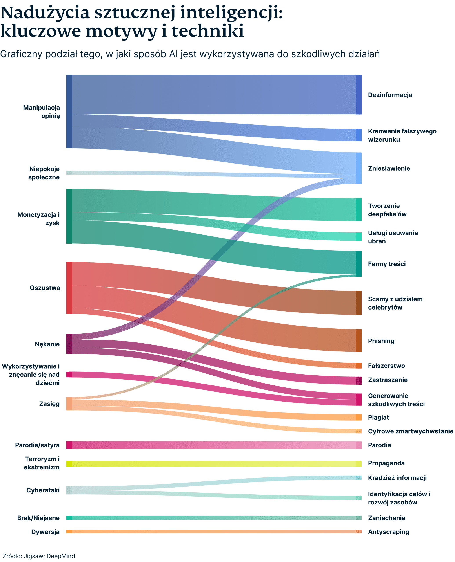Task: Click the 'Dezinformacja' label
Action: [x=390, y=95]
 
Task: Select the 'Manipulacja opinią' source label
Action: [x=41, y=112]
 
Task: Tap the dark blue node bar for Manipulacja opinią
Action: [x=69, y=112]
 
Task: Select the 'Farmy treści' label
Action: [x=387, y=264]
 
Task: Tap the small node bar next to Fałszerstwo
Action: [x=358, y=366]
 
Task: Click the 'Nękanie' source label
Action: [x=47, y=344]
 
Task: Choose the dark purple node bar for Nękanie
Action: [x=69, y=344]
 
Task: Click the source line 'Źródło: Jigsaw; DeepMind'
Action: [x=39, y=556]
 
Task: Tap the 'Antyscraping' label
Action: [x=388, y=532]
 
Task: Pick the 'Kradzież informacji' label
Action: [x=397, y=478]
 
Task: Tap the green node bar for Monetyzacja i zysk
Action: [x=69, y=216]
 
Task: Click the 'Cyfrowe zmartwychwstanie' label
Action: [x=410, y=431]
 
